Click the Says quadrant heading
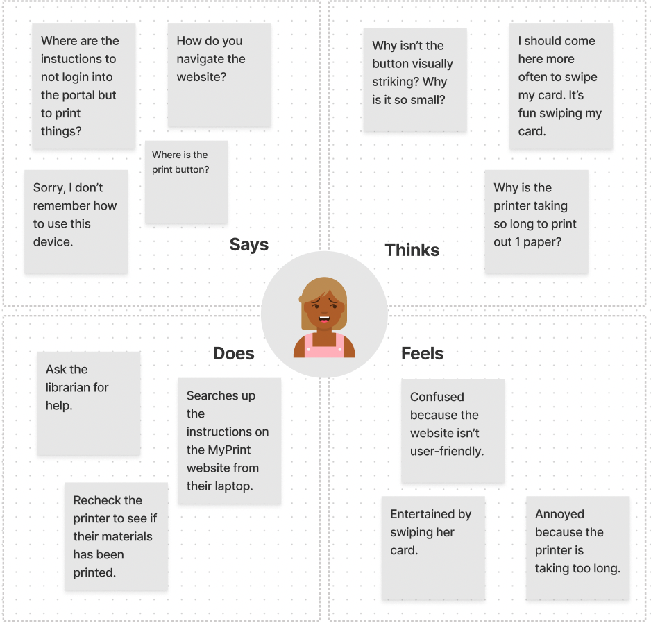[248, 244]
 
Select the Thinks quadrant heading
[412, 250]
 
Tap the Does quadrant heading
[233, 353]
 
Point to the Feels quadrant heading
[422, 353]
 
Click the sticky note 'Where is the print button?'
[186, 182]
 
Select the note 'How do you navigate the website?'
[219, 75]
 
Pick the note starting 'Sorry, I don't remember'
[76, 221]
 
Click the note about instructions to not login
[83, 86]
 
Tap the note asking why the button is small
[414, 79]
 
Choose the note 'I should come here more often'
[561, 86]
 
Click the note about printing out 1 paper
[536, 221]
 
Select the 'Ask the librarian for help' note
[89, 403]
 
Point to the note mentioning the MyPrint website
[229, 441]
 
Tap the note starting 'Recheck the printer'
[116, 536]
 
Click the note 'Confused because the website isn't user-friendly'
[453, 431]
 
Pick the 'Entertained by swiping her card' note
[433, 547]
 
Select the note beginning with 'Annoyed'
[577, 547]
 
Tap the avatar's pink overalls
[324, 346]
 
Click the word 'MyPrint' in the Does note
[229, 450]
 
